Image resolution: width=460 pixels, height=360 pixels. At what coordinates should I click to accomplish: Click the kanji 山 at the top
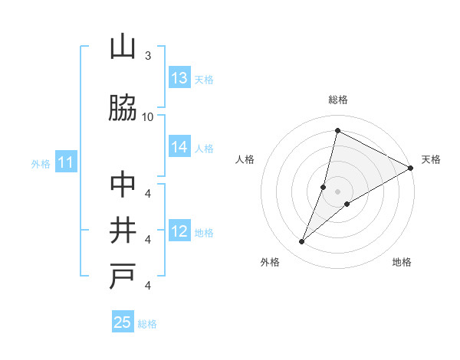click(x=123, y=47)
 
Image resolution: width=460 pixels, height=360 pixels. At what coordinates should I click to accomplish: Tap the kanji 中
click(x=123, y=185)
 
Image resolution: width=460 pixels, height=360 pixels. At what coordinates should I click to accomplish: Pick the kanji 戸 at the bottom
click(x=123, y=277)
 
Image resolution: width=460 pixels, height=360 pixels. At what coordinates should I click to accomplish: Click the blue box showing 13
click(x=179, y=78)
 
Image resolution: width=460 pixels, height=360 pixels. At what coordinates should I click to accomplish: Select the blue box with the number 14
click(x=179, y=147)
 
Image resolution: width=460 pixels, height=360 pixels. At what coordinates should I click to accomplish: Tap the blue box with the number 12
click(x=179, y=231)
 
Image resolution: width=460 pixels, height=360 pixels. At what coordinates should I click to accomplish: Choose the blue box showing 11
click(x=66, y=162)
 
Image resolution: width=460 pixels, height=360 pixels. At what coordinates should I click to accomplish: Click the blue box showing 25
click(x=123, y=322)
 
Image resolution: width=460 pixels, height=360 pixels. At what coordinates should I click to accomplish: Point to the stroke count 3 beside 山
click(x=148, y=56)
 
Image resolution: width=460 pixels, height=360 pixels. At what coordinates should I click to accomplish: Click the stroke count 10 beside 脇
click(x=148, y=116)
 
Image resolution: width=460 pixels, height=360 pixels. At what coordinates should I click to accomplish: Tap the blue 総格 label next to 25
click(x=147, y=323)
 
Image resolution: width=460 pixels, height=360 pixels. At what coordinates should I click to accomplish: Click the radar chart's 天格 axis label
click(x=431, y=159)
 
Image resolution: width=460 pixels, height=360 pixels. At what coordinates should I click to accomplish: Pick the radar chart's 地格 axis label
click(x=402, y=262)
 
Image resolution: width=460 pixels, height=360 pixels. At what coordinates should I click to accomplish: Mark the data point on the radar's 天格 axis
click(x=410, y=168)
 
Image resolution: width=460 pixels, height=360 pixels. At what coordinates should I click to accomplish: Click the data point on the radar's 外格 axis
click(x=302, y=242)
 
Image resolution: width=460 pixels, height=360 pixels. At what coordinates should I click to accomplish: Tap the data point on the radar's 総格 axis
click(x=337, y=130)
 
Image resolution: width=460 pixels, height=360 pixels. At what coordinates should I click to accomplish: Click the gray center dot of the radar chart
click(x=337, y=191)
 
